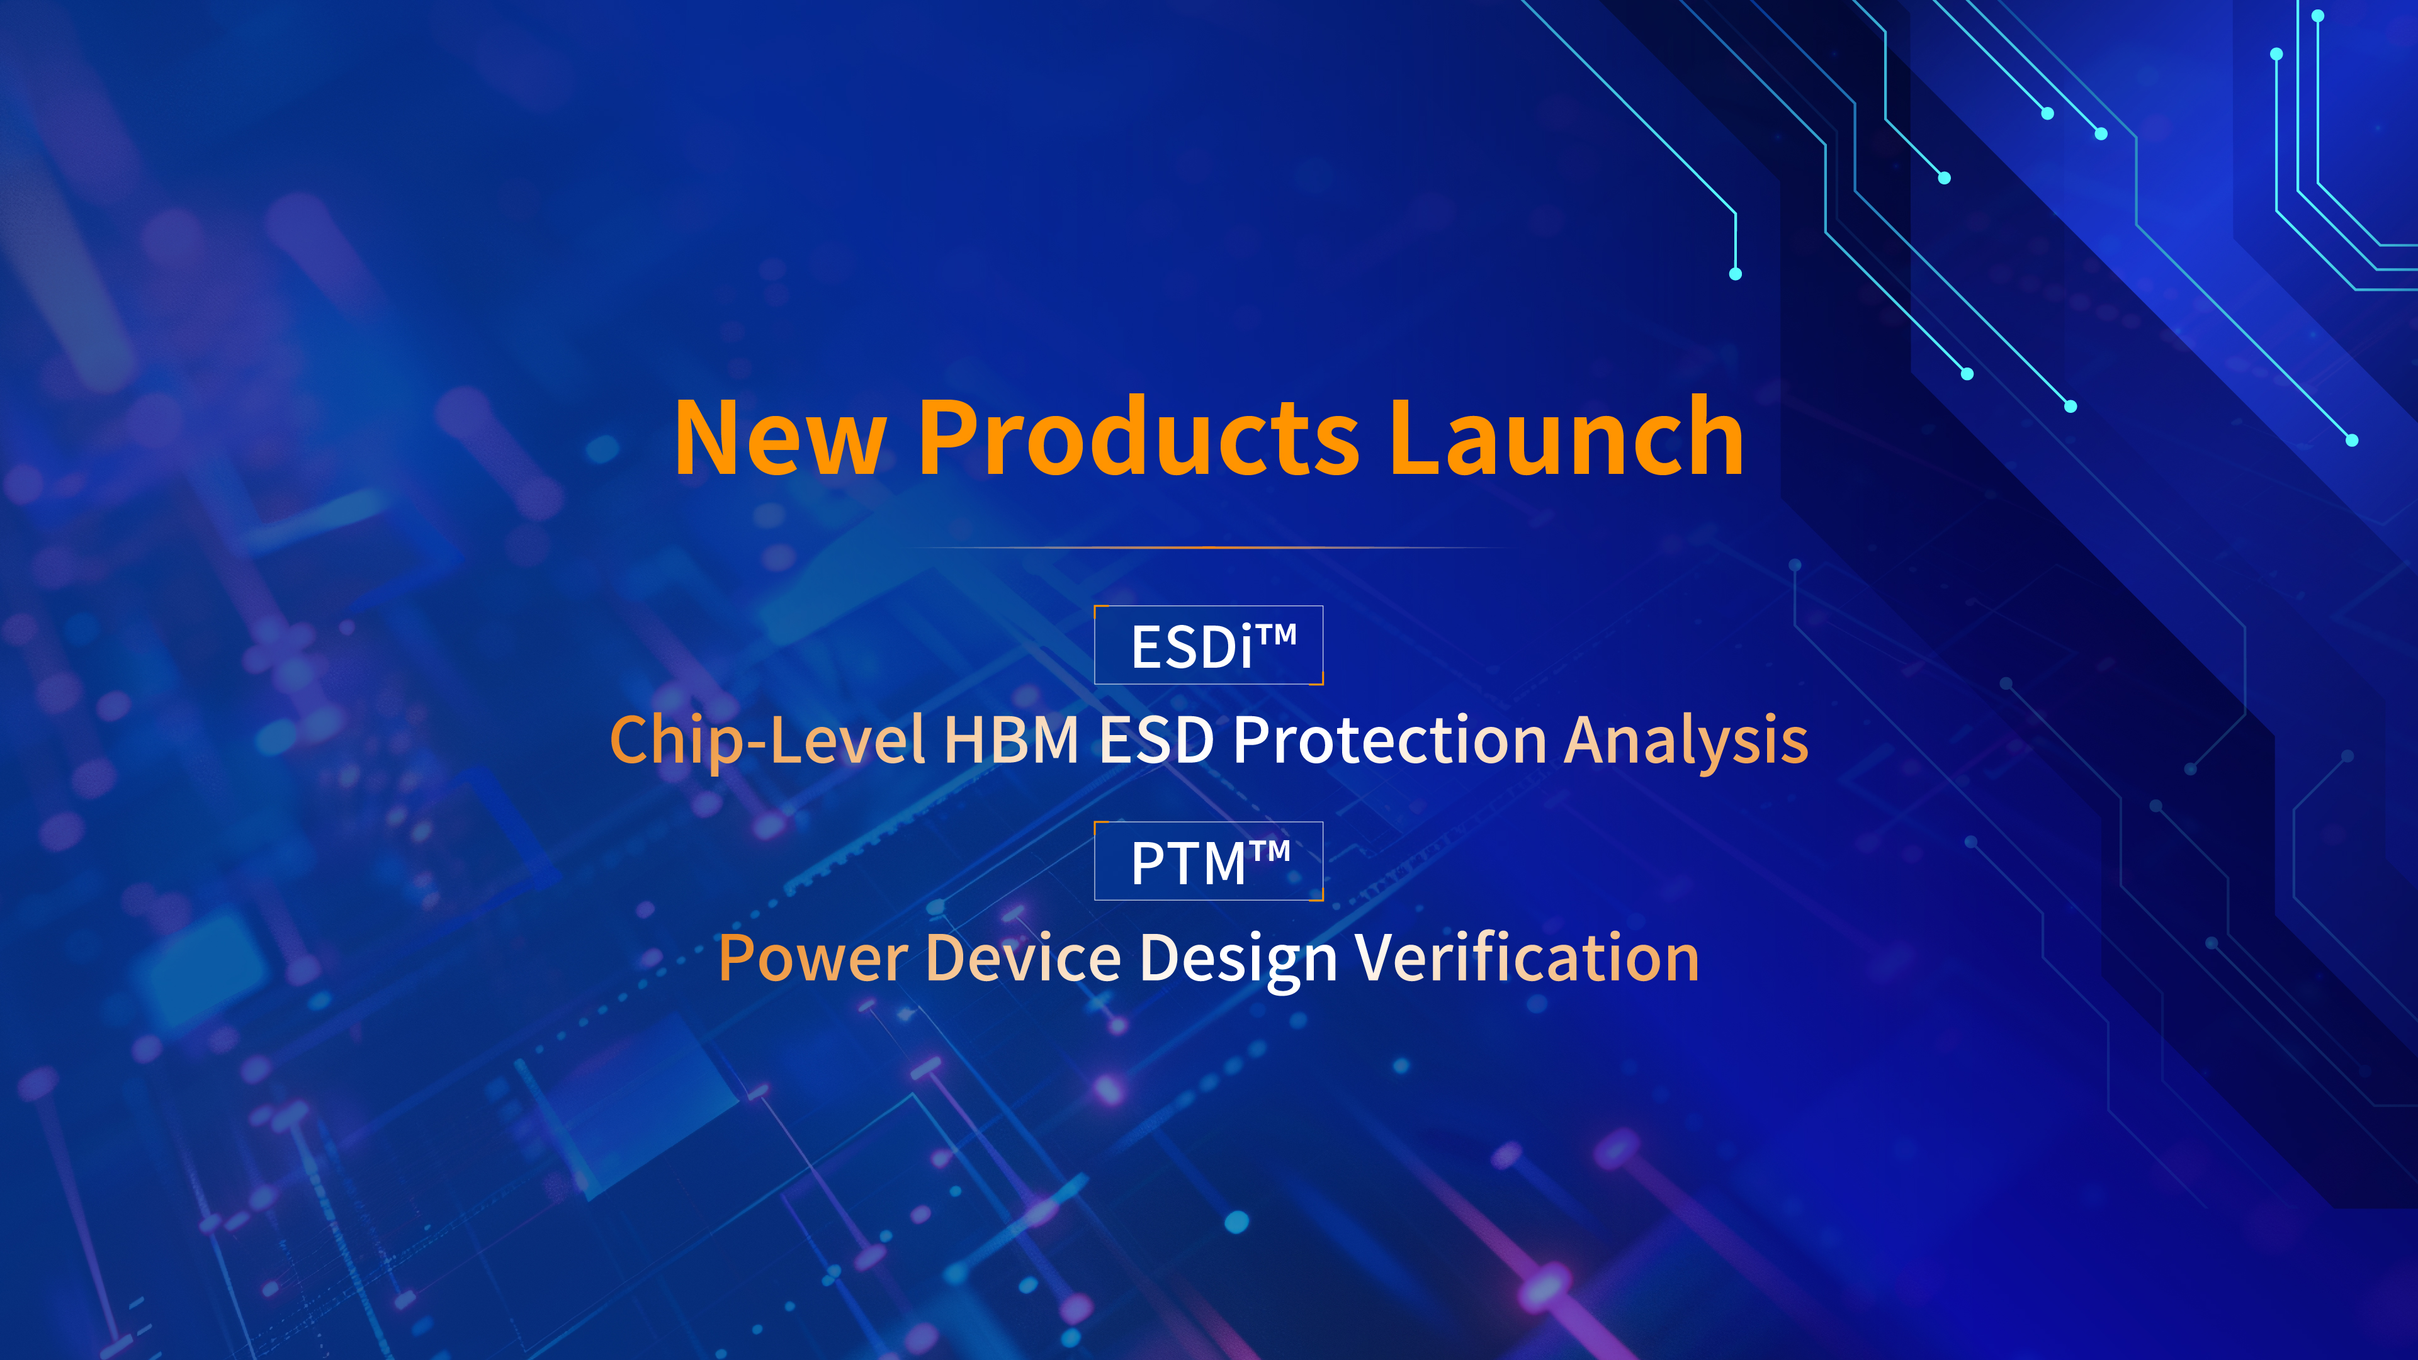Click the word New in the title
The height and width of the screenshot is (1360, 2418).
click(x=780, y=437)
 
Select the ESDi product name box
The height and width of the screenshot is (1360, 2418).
click(x=1209, y=645)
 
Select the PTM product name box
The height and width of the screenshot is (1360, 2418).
click(x=1209, y=861)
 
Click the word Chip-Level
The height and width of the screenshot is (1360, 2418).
click(x=767, y=741)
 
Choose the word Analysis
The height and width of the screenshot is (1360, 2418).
click(x=1686, y=741)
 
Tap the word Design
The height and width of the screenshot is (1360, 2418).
click(x=1238, y=959)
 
